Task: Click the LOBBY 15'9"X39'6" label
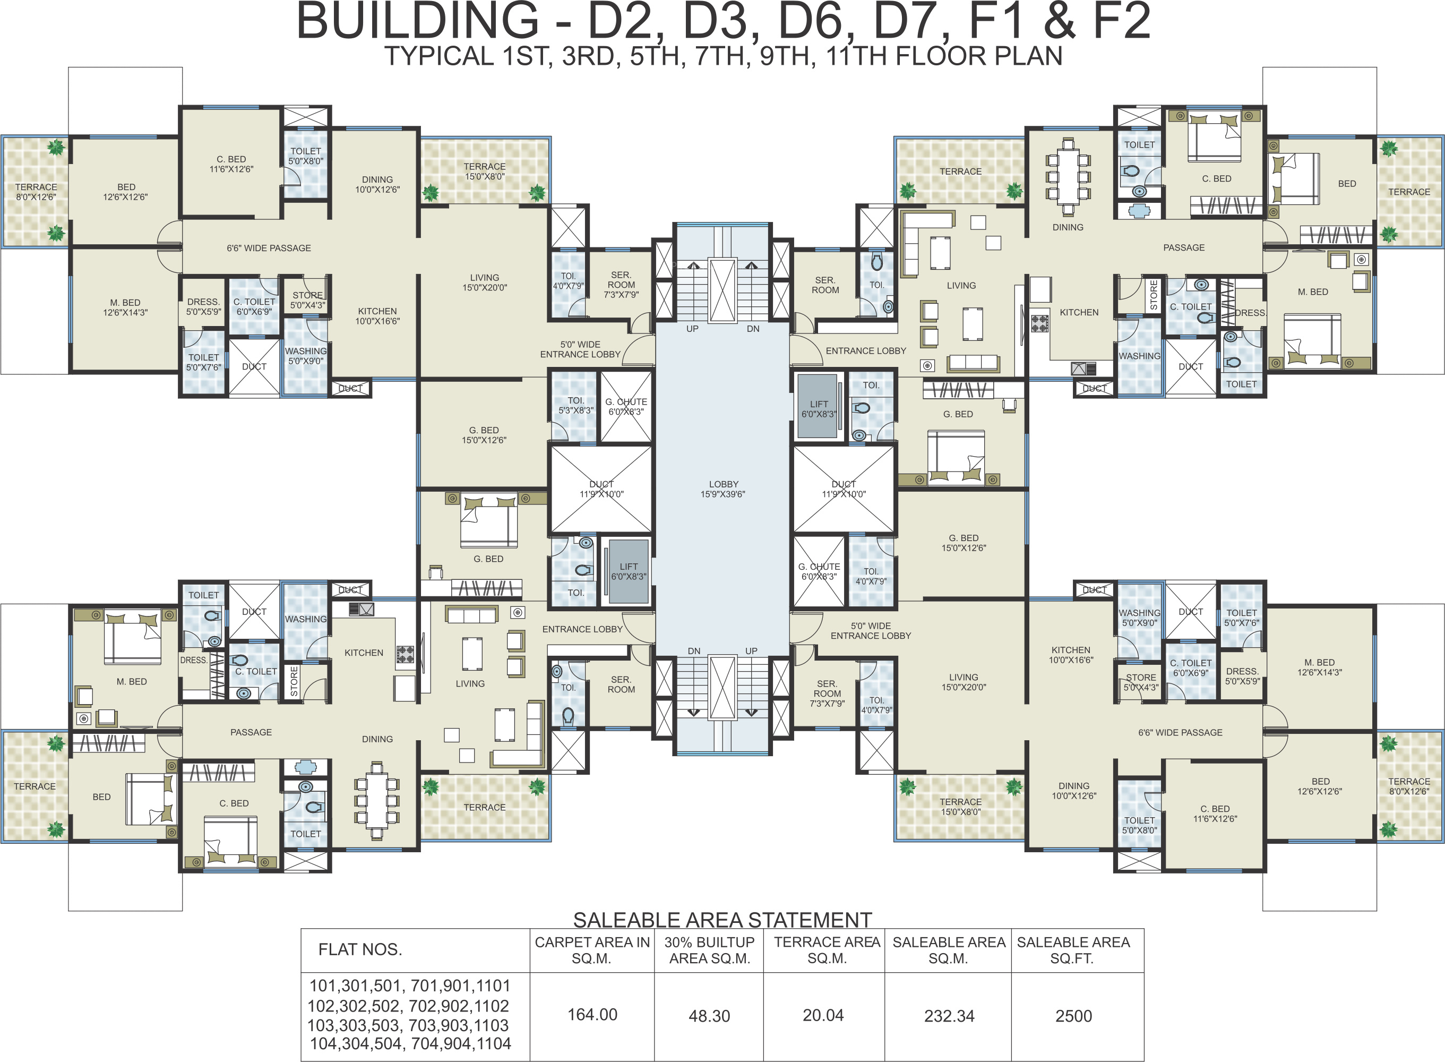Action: [x=723, y=489]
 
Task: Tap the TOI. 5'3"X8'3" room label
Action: [x=575, y=405]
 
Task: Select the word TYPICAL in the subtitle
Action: [x=439, y=57]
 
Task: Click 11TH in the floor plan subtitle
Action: [x=856, y=57]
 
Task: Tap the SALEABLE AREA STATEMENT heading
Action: [x=722, y=920]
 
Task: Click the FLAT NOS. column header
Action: [x=360, y=949]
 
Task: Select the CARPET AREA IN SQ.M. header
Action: [x=592, y=950]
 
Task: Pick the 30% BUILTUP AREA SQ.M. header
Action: [x=709, y=950]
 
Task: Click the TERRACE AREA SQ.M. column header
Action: [x=827, y=950]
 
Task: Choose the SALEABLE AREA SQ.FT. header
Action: [x=1073, y=950]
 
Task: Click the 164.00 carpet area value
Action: [x=592, y=1014]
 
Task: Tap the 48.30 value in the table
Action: [x=709, y=1016]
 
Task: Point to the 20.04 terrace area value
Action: [x=823, y=1015]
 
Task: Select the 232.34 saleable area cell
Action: [x=949, y=1016]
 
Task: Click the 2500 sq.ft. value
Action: [x=1073, y=1016]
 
